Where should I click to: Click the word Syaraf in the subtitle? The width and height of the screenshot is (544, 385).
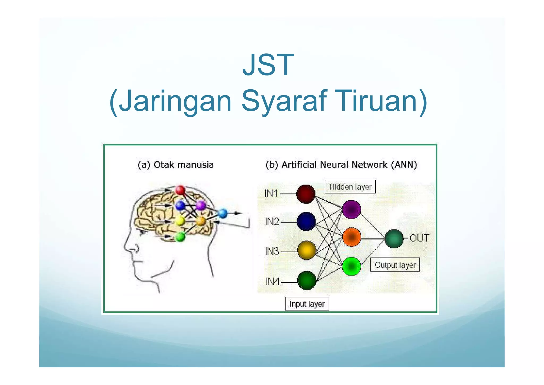click(283, 101)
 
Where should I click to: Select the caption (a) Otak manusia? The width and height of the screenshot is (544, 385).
click(175, 165)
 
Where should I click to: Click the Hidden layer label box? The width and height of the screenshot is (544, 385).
click(350, 187)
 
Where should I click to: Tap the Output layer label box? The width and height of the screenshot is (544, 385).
click(395, 265)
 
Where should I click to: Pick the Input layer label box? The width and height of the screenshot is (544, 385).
click(307, 304)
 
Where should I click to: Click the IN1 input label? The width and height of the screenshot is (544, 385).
click(271, 193)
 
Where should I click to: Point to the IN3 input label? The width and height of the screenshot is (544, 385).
click(272, 251)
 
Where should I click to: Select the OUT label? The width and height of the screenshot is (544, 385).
click(419, 238)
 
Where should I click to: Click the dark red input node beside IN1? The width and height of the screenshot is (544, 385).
click(305, 194)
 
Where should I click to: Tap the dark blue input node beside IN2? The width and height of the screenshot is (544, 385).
click(306, 221)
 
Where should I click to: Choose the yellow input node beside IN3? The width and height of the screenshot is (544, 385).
click(307, 250)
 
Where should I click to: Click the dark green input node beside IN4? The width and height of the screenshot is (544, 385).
click(307, 280)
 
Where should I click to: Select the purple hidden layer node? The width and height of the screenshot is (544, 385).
click(351, 210)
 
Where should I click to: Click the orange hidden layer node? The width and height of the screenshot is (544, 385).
click(351, 237)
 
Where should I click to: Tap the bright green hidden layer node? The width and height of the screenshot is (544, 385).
click(351, 266)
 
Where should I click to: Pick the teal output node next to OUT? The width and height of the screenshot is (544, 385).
click(394, 239)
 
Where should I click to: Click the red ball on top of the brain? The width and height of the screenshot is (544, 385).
click(180, 190)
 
